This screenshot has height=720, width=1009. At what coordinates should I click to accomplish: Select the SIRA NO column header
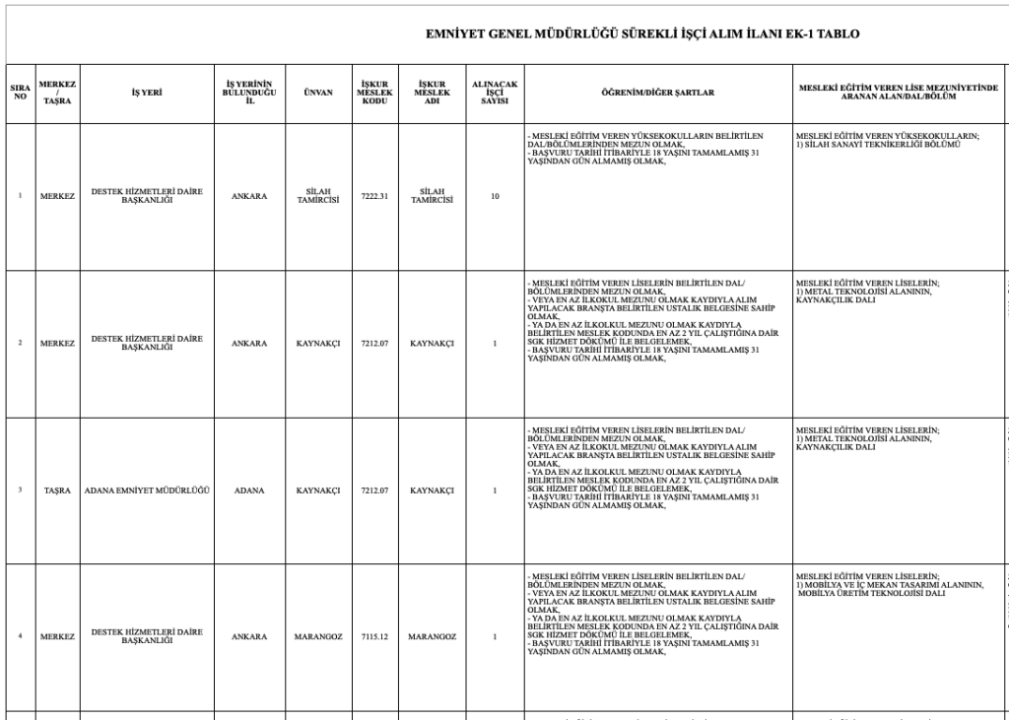click(x=20, y=94)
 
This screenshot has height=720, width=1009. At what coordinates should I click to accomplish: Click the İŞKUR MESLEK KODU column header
click(x=375, y=94)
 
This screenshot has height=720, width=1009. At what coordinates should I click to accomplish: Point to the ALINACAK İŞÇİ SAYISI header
click(x=495, y=94)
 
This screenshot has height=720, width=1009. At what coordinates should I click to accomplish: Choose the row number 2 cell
click(x=20, y=343)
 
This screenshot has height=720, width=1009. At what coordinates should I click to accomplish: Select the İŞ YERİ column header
click(x=147, y=94)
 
